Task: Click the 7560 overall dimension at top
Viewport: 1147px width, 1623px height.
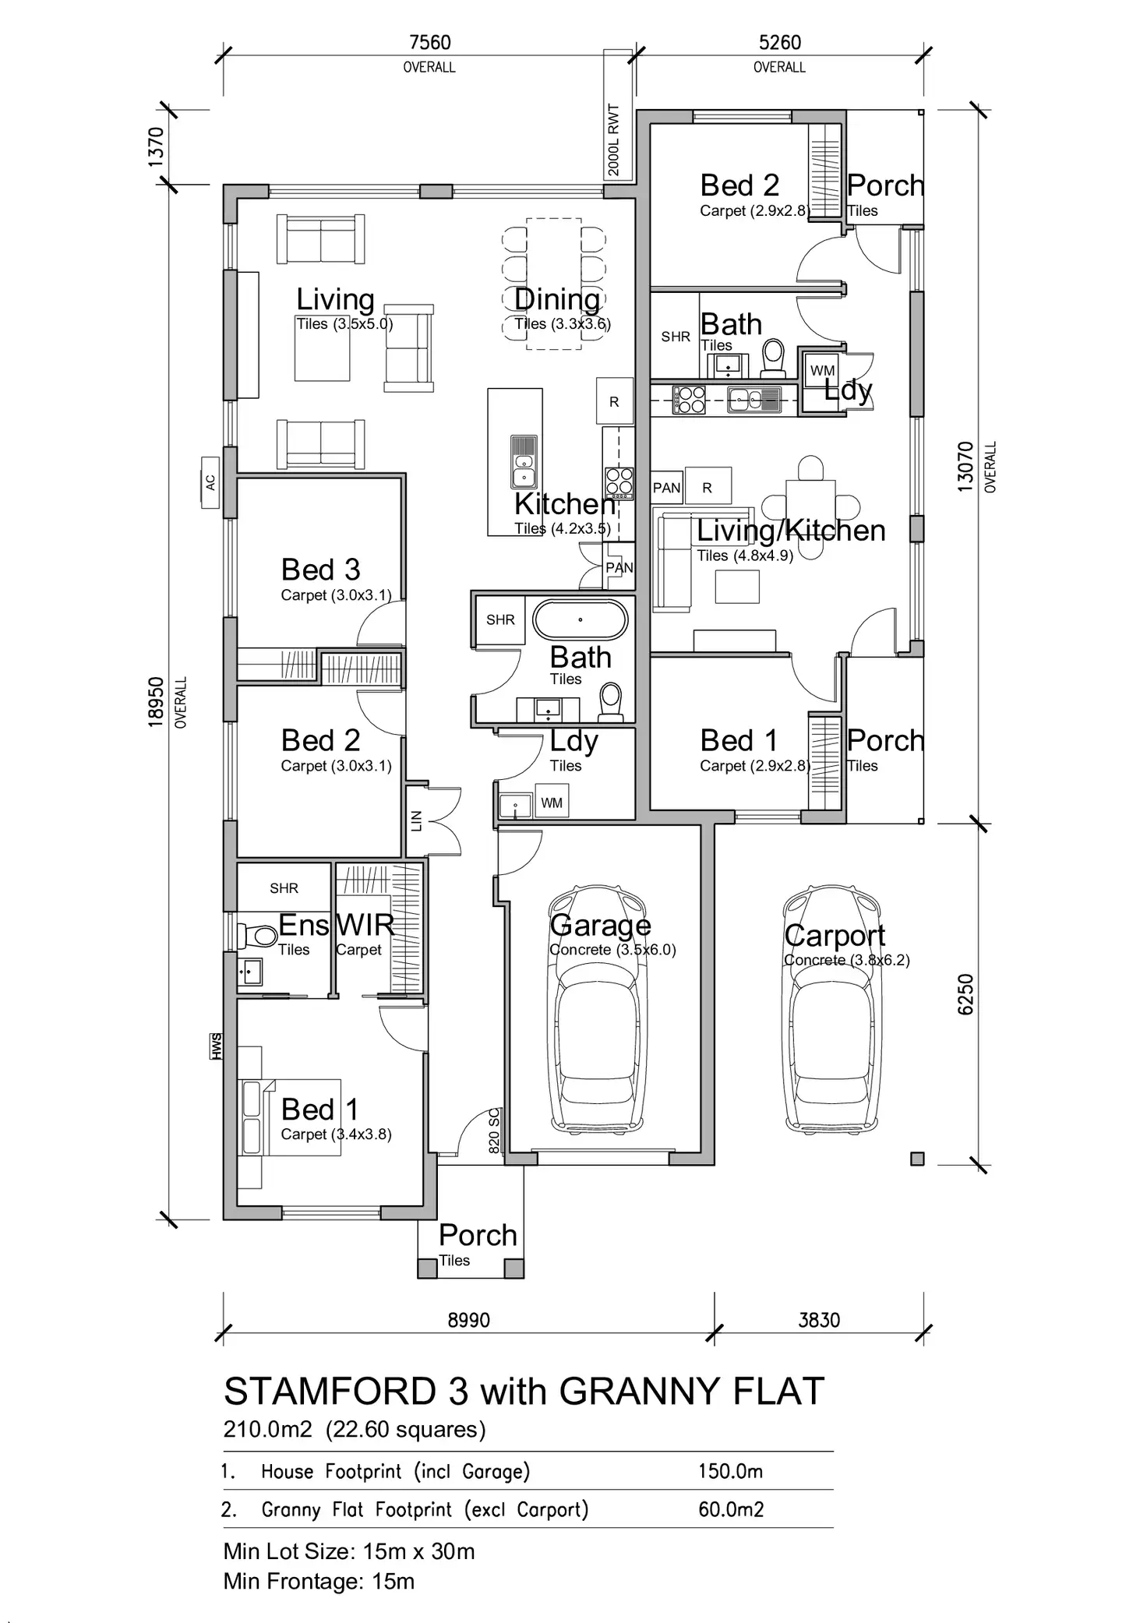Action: pyautogui.click(x=429, y=42)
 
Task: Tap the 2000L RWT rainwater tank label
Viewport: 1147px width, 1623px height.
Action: pyautogui.click(x=614, y=140)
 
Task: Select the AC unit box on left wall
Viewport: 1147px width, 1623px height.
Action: pyautogui.click(x=210, y=482)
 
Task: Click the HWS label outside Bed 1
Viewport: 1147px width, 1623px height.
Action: pyautogui.click(x=216, y=1046)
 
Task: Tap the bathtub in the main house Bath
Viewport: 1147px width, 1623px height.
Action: pyautogui.click(x=580, y=620)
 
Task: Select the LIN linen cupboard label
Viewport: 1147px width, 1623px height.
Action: pyautogui.click(x=416, y=820)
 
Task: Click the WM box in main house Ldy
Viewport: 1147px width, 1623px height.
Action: pyautogui.click(x=552, y=803)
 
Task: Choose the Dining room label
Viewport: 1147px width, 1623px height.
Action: pyautogui.click(x=557, y=299)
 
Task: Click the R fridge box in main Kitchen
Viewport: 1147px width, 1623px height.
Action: pyautogui.click(x=614, y=402)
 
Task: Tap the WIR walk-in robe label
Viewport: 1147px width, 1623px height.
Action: pyautogui.click(x=365, y=925)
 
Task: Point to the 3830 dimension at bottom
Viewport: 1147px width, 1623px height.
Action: pyautogui.click(x=819, y=1320)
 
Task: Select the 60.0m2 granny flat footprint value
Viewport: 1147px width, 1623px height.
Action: pyautogui.click(x=731, y=1509)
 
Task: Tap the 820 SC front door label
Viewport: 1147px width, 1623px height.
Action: pyautogui.click(x=494, y=1131)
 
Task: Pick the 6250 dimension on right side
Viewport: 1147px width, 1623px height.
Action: pyautogui.click(x=965, y=994)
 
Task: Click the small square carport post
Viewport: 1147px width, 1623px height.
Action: pyautogui.click(x=917, y=1159)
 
